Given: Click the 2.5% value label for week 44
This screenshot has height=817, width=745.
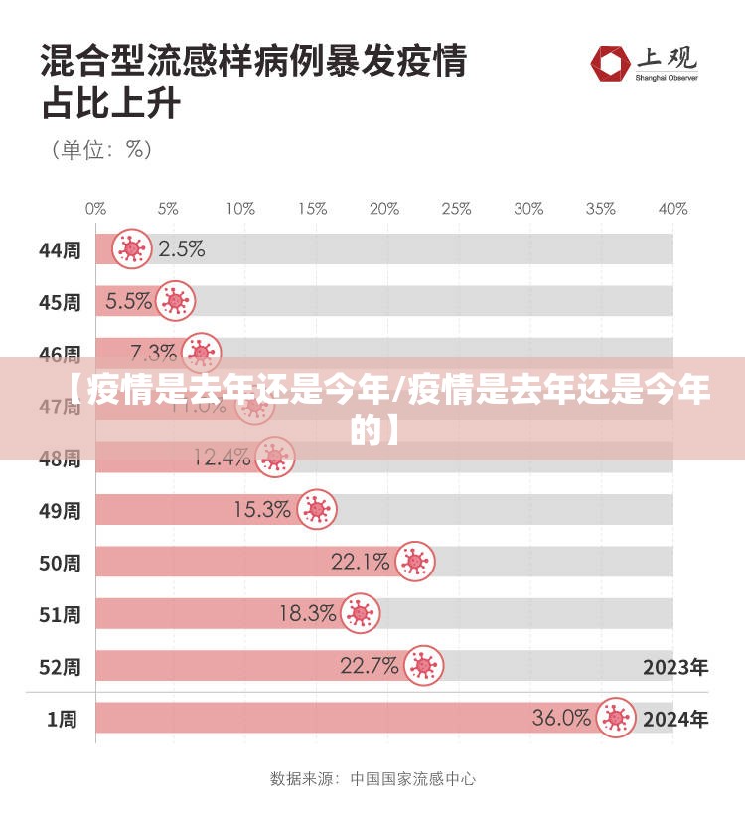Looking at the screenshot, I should pyautogui.click(x=182, y=249).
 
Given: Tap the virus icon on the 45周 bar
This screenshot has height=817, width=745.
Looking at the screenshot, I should pyautogui.click(x=176, y=300).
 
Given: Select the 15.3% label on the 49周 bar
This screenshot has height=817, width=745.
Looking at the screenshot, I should pyautogui.click(x=262, y=510).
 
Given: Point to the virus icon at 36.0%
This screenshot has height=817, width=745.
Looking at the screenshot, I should pyautogui.click(x=616, y=718).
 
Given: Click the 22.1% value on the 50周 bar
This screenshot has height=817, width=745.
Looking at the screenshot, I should pyautogui.click(x=360, y=563).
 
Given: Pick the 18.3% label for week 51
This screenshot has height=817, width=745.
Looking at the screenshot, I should pyautogui.click(x=307, y=614).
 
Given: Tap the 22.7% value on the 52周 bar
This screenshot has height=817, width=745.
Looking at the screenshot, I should pyautogui.click(x=370, y=666).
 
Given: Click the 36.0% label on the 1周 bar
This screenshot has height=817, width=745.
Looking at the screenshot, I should pyautogui.click(x=561, y=718).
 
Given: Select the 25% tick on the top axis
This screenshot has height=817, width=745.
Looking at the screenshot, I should pyautogui.click(x=456, y=209).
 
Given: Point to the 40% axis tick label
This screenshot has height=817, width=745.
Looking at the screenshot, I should pyautogui.click(x=672, y=209).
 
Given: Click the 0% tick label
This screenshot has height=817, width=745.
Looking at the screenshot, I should pyautogui.click(x=95, y=209).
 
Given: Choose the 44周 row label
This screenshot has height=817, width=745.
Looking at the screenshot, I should pyautogui.click(x=60, y=250).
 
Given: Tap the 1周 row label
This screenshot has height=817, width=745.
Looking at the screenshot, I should pyautogui.click(x=62, y=719).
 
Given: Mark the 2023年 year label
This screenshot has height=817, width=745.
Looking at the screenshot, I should pyautogui.click(x=675, y=667).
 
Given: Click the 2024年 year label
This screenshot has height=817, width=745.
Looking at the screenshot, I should pyautogui.click(x=675, y=719).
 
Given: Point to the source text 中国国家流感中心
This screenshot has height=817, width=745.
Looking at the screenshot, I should pyautogui.click(x=412, y=779).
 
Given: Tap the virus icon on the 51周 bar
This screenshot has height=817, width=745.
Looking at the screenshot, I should pyautogui.click(x=360, y=614).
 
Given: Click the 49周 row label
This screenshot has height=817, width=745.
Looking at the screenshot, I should pyautogui.click(x=60, y=511).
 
